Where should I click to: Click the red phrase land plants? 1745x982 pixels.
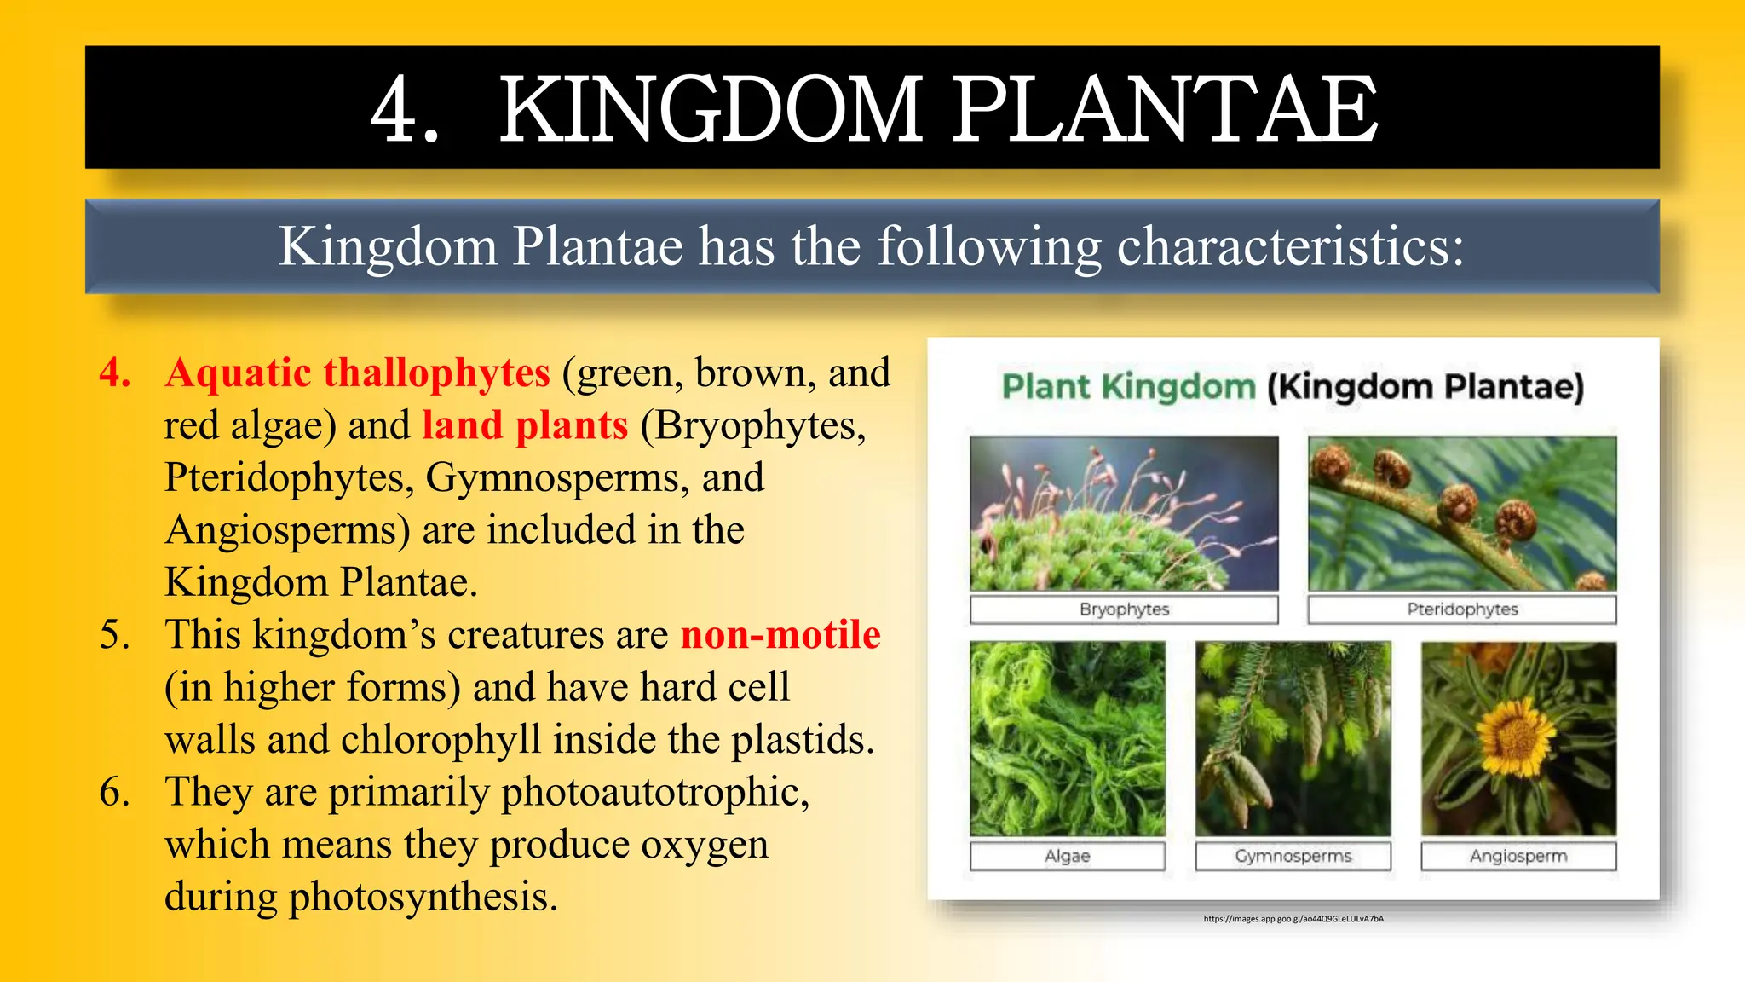(525, 425)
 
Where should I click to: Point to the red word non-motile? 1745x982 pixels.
(780, 635)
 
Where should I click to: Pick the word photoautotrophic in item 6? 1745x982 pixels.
(654, 792)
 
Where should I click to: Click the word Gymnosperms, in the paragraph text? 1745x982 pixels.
(557, 478)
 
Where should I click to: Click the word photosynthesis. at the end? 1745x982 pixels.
(423, 897)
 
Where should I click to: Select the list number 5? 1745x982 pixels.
(115, 635)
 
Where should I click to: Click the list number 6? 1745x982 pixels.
(115, 792)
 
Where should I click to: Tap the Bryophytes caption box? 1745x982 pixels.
(1124, 609)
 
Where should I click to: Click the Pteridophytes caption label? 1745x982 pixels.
(1462, 609)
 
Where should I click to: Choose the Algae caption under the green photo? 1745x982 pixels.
(1067, 856)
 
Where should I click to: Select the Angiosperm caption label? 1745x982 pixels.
(1518, 856)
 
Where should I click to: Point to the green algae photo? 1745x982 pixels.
(1067, 738)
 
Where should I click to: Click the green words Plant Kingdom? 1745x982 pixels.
(1129, 387)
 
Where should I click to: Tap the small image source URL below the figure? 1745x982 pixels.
(1293, 919)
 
